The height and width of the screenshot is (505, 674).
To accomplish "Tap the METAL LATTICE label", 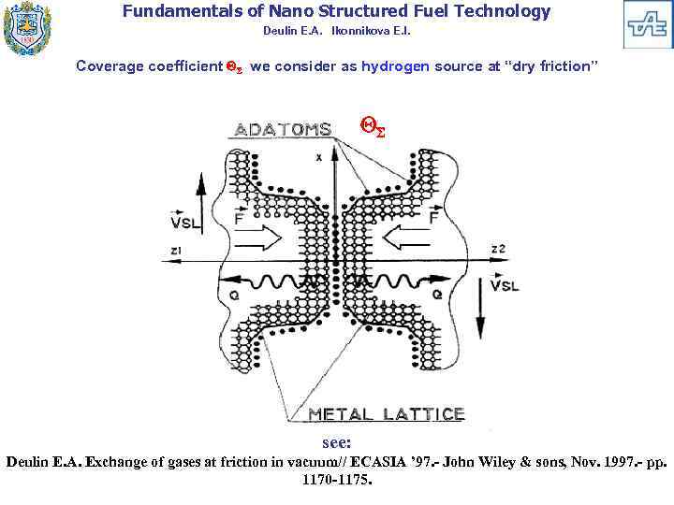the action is (x=387, y=413).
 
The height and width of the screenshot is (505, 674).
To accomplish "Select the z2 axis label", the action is (x=498, y=249).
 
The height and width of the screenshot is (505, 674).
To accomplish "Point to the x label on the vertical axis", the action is (x=318, y=158).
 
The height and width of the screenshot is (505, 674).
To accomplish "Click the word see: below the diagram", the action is (x=337, y=442).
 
